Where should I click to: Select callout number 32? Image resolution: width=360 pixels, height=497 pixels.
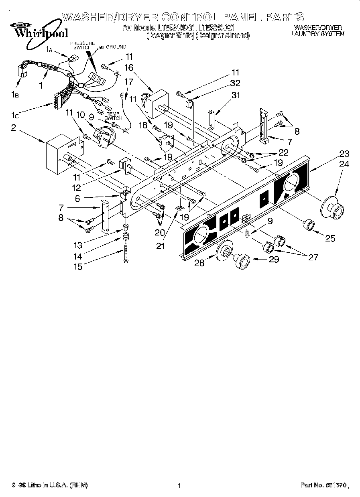(x=235, y=83)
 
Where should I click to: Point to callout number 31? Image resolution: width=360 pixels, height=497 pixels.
(x=235, y=95)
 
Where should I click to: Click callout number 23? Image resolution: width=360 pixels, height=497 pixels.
(x=344, y=154)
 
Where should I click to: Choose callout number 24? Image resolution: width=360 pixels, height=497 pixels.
(x=344, y=164)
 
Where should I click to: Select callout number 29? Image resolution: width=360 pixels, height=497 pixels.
(x=274, y=260)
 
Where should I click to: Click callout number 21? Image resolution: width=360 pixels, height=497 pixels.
(x=161, y=246)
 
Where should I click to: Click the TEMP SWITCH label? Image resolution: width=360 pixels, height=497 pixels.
(x=114, y=116)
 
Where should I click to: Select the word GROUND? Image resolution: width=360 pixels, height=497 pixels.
(x=116, y=47)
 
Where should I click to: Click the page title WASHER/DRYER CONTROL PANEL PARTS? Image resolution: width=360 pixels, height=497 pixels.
(x=183, y=16)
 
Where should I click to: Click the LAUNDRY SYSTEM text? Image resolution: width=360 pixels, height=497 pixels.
(x=317, y=34)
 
